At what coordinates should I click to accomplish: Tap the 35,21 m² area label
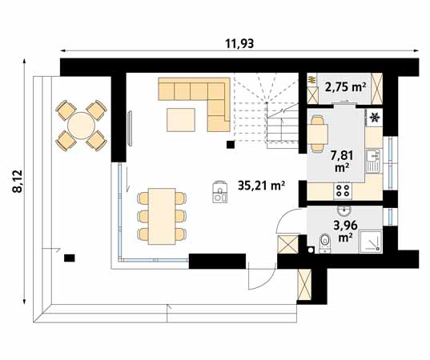(262, 186)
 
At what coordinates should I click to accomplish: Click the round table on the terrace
(80, 126)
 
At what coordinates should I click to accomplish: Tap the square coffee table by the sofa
(180, 118)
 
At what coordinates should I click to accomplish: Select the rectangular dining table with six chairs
(163, 214)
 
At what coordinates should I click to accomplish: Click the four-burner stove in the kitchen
(342, 190)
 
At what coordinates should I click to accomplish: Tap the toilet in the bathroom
(324, 241)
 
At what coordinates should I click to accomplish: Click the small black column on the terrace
(70, 258)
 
